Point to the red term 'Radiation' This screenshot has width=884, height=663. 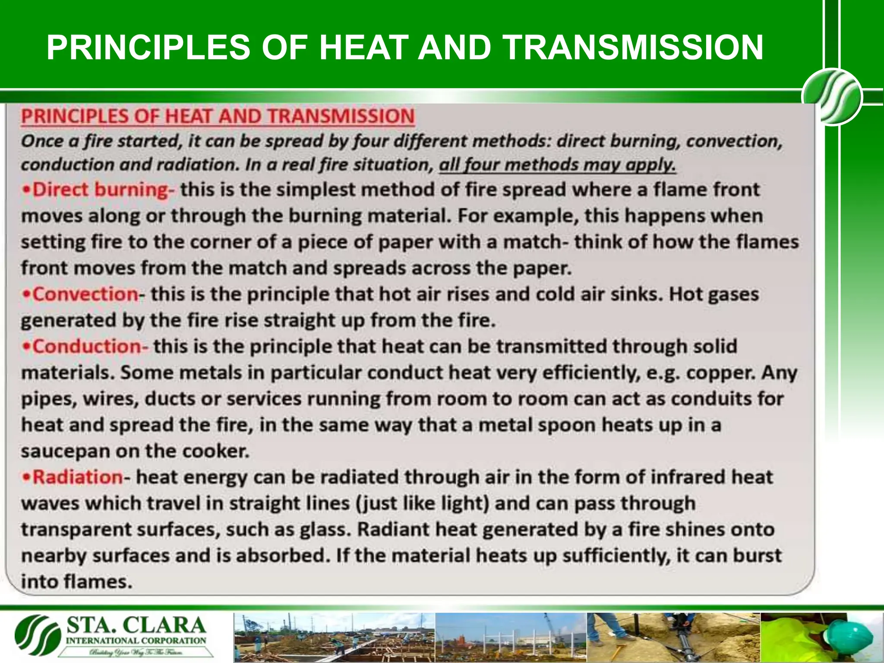click(78, 477)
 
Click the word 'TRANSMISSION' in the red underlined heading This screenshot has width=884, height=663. click(341, 117)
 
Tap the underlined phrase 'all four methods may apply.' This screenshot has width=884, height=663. click(557, 165)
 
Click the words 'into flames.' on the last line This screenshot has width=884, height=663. click(76, 582)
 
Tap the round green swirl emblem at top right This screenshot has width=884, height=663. click(832, 97)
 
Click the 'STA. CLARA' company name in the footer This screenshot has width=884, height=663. click(136, 626)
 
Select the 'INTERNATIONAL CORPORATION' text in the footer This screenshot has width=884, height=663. click(136, 641)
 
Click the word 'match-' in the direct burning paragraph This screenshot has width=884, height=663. click(536, 242)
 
